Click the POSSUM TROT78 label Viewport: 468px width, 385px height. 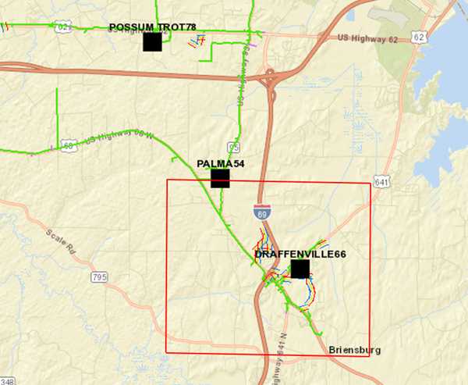pyautogui.click(x=152, y=27)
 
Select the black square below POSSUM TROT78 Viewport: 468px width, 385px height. pyautogui.click(x=152, y=42)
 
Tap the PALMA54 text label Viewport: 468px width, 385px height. pyautogui.click(x=221, y=163)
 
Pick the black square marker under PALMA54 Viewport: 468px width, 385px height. pyautogui.click(x=221, y=178)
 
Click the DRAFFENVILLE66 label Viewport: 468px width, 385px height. pyautogui.click(x=300, y=255)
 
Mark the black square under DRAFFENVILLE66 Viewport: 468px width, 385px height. pyautogui.click(x=300, y=269)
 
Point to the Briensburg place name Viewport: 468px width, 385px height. pyautogui.click(x=355, y=351)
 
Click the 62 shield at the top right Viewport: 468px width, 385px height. pyautogui.click(x=420, y=37)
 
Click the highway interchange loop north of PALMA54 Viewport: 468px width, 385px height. pyautogui.click(x=269, y=78)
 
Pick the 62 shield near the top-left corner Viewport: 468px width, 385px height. pyautogui.click(x=62, y=28)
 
